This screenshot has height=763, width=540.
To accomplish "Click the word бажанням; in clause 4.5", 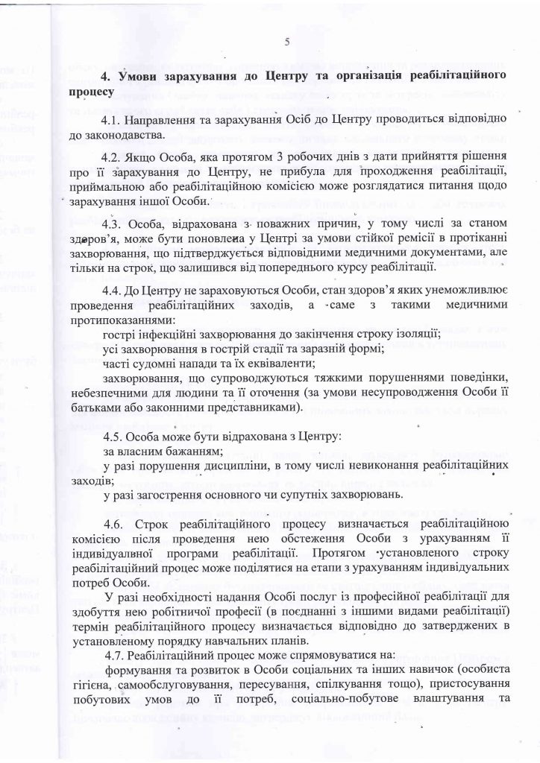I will (178, 452).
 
